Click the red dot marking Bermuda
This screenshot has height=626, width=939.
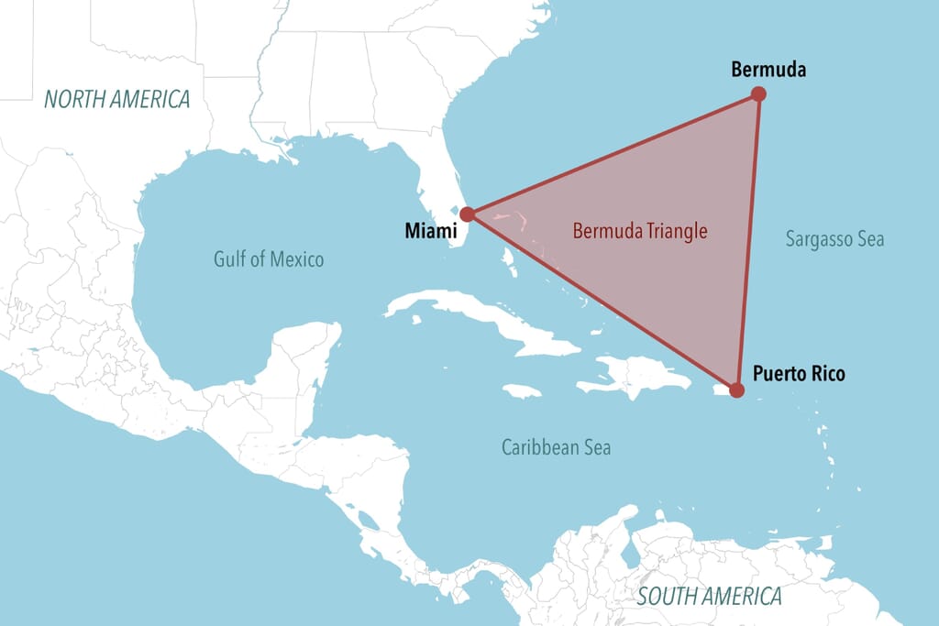(758, 93)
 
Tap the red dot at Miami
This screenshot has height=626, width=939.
(467, 214)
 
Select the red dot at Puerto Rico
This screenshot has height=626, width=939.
(735, 390)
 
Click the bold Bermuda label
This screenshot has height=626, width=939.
(768, 69)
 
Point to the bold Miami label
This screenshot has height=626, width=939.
(431, 231)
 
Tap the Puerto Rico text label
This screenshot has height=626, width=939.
(799, 374)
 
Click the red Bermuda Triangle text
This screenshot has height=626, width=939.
(640, 231)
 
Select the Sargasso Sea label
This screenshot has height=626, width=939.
(834, 239)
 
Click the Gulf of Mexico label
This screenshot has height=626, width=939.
(269, 259)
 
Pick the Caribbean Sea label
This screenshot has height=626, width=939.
(556, 448)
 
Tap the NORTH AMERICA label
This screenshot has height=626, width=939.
(117, 100)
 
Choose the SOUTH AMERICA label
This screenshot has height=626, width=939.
(710, 597)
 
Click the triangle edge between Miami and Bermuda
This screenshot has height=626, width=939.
(613, 154)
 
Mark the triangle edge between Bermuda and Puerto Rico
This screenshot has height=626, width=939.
(747, 242)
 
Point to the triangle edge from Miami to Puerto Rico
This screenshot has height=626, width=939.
(601, 302)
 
